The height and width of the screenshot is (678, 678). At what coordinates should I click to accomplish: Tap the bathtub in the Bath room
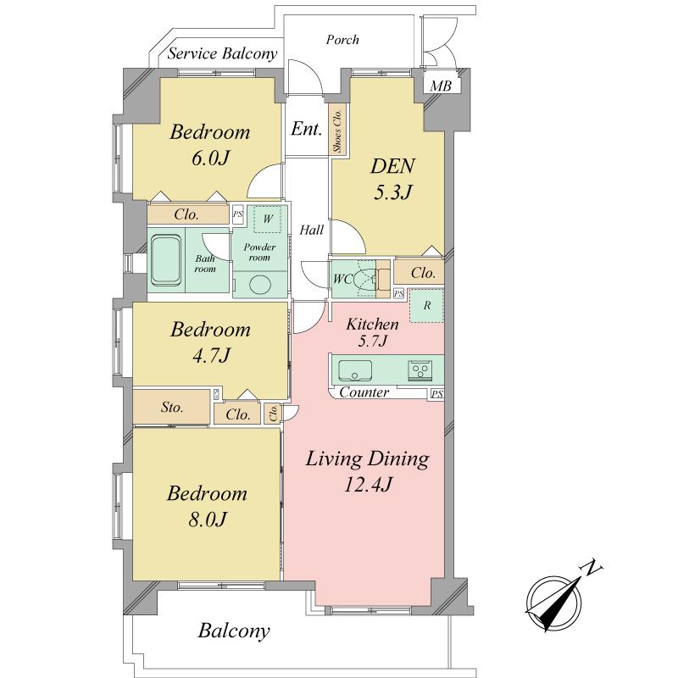click(x=166, y=262)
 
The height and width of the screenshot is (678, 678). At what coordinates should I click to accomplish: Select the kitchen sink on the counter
click(x=354, y=370)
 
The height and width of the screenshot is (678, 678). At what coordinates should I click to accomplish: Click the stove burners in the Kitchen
click(x=421, y=370)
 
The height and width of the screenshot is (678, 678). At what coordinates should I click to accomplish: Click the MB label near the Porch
click(x=440, y=86)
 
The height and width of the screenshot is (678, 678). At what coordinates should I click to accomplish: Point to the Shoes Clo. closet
click(x=336, y=131)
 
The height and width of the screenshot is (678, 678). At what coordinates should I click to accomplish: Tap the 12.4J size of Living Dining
click(x=368, y=485)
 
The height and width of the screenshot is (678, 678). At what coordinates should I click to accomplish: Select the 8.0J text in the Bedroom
click(x=207, y=518)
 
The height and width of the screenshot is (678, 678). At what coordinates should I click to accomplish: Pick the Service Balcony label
click(x=223, y=54)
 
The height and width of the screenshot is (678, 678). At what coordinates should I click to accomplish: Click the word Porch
click(x=342, y=39)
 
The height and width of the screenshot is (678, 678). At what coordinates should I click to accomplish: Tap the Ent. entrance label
click(x=306, y=130)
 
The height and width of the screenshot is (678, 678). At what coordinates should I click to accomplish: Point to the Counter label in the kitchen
click(x=364, y=392)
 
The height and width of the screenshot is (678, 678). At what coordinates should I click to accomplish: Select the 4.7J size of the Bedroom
click(x=210, y=354)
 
